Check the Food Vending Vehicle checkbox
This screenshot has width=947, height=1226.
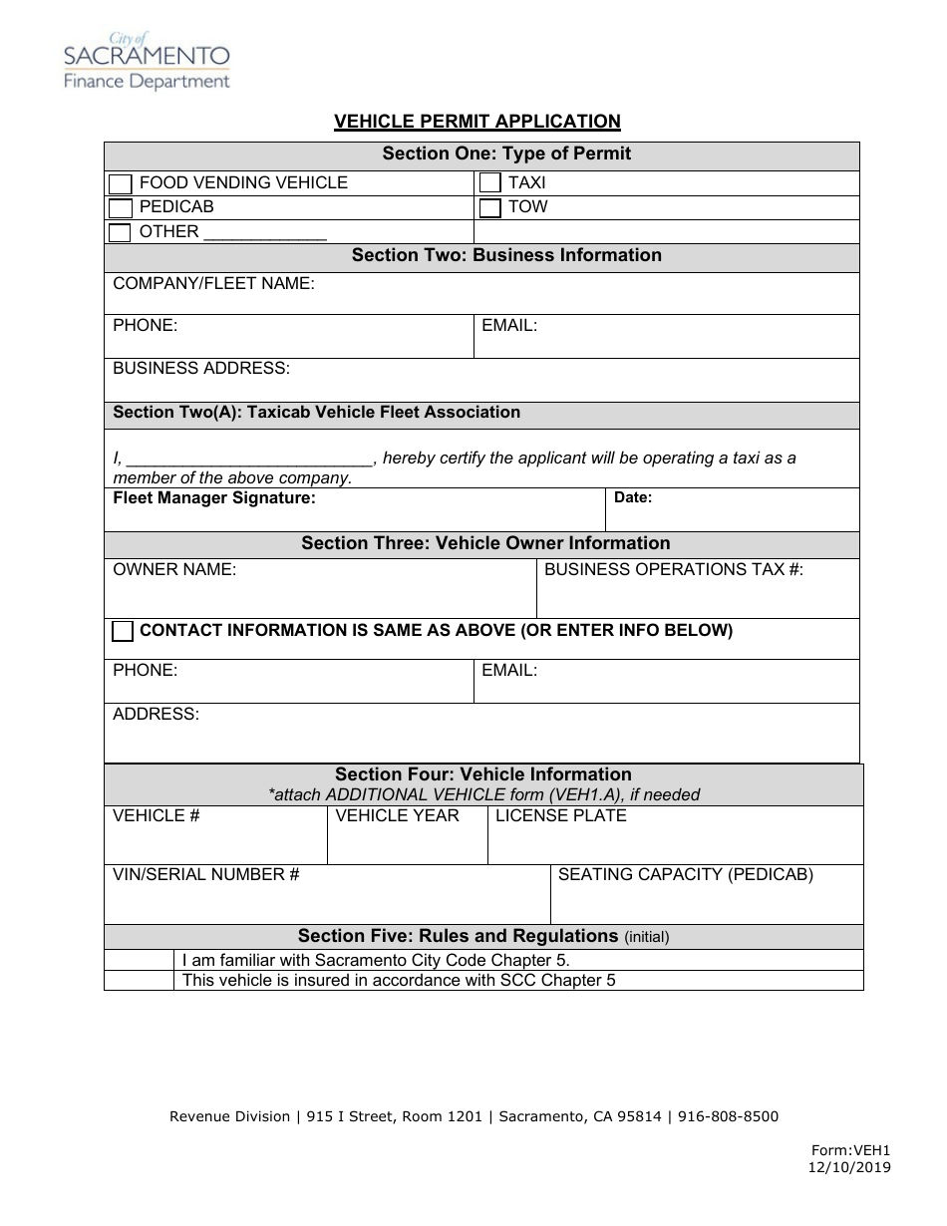click(120, 183)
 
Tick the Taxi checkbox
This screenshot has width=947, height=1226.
click(489, 183)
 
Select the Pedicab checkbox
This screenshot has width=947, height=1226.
click(120, 208)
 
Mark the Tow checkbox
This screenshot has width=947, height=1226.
click(489, 208)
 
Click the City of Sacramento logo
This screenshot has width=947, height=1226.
click(147, 61)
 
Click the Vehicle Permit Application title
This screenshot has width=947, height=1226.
click(476, 122)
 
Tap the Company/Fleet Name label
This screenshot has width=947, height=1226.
click(213, 284)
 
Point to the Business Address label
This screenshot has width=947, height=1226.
click(201, 369)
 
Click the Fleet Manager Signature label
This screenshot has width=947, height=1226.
click(214, 497)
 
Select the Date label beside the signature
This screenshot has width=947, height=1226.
click(633, 497)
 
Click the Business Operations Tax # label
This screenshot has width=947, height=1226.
click(674, 570)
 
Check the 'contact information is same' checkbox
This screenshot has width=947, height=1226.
click(123, 631)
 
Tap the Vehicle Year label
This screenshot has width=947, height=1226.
click(397, 816)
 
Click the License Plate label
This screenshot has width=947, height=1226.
click(561, 816)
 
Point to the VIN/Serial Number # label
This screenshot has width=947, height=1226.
click(206, 875)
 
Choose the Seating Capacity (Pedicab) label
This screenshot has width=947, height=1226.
click(686, 875)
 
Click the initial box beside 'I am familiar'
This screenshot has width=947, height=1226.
click(140, 961)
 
